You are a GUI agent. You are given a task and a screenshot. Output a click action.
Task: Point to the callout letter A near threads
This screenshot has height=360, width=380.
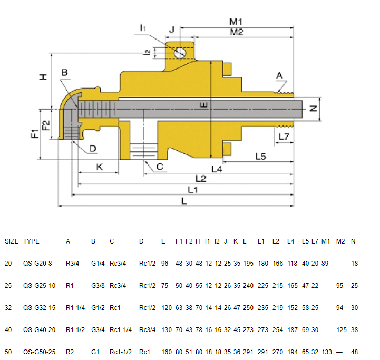coord(279,76)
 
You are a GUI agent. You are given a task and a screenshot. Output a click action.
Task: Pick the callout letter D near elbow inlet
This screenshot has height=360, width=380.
coord(93,149)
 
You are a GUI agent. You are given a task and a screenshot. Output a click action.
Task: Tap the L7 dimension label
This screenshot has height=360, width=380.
coord(284,137)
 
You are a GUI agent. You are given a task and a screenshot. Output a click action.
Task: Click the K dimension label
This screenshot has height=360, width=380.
coord(100,167)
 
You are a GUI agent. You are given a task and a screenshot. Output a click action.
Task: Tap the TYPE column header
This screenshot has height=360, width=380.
coord(31,241)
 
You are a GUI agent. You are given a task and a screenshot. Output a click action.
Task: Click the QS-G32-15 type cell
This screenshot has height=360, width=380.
coord(37,307)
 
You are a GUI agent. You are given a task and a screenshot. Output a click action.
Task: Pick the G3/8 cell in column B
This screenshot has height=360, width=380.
coord(98,285)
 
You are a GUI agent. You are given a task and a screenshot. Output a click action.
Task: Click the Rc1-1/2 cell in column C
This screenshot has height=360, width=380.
coord(121,351)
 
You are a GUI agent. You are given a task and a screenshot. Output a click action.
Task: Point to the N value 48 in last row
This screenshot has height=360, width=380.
coord(354,351)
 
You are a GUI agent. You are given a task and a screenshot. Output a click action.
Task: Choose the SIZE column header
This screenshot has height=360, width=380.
coord(12,241)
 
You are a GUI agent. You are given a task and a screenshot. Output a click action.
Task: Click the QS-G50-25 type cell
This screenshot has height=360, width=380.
coord(37,351)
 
